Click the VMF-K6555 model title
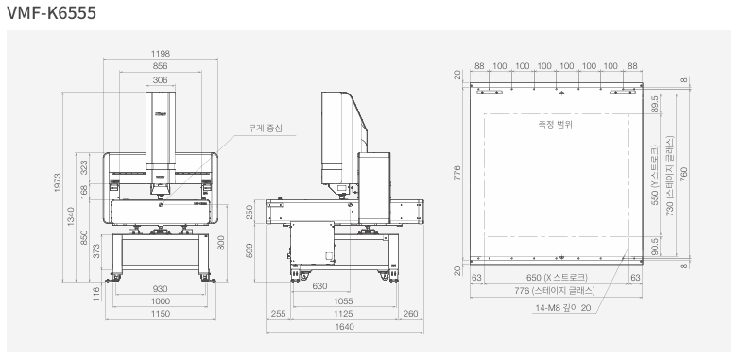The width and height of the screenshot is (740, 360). click(51, 12)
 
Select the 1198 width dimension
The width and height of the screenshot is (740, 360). click(161, 54)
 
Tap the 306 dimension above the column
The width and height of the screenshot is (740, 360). click(161, 80)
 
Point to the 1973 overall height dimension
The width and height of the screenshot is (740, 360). click(58, 182)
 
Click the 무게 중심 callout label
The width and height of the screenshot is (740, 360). click(266, 128)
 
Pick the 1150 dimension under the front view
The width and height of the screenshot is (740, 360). click(161, 314)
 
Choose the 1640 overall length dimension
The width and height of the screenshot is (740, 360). click(345, 327)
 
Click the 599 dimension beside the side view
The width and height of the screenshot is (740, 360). click(250, 250)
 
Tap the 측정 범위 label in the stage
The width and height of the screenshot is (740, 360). click(556, 125)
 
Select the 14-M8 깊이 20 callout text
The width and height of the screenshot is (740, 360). click(562, 308)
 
